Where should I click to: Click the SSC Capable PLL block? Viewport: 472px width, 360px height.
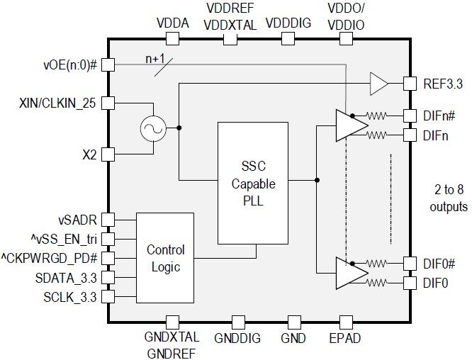click(x=253, y=183)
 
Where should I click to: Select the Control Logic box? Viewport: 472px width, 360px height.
click(x=165, y=258)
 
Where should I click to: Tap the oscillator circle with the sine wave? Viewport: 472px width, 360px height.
click(x=153, y=128)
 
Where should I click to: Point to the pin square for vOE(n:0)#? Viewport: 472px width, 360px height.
click(x=108, y=64)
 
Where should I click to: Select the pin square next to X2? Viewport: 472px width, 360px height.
click(x=108, y=154)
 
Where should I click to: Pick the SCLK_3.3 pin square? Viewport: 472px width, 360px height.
click(x=108, y=296)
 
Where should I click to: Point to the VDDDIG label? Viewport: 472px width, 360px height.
click(x=288, y=23)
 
